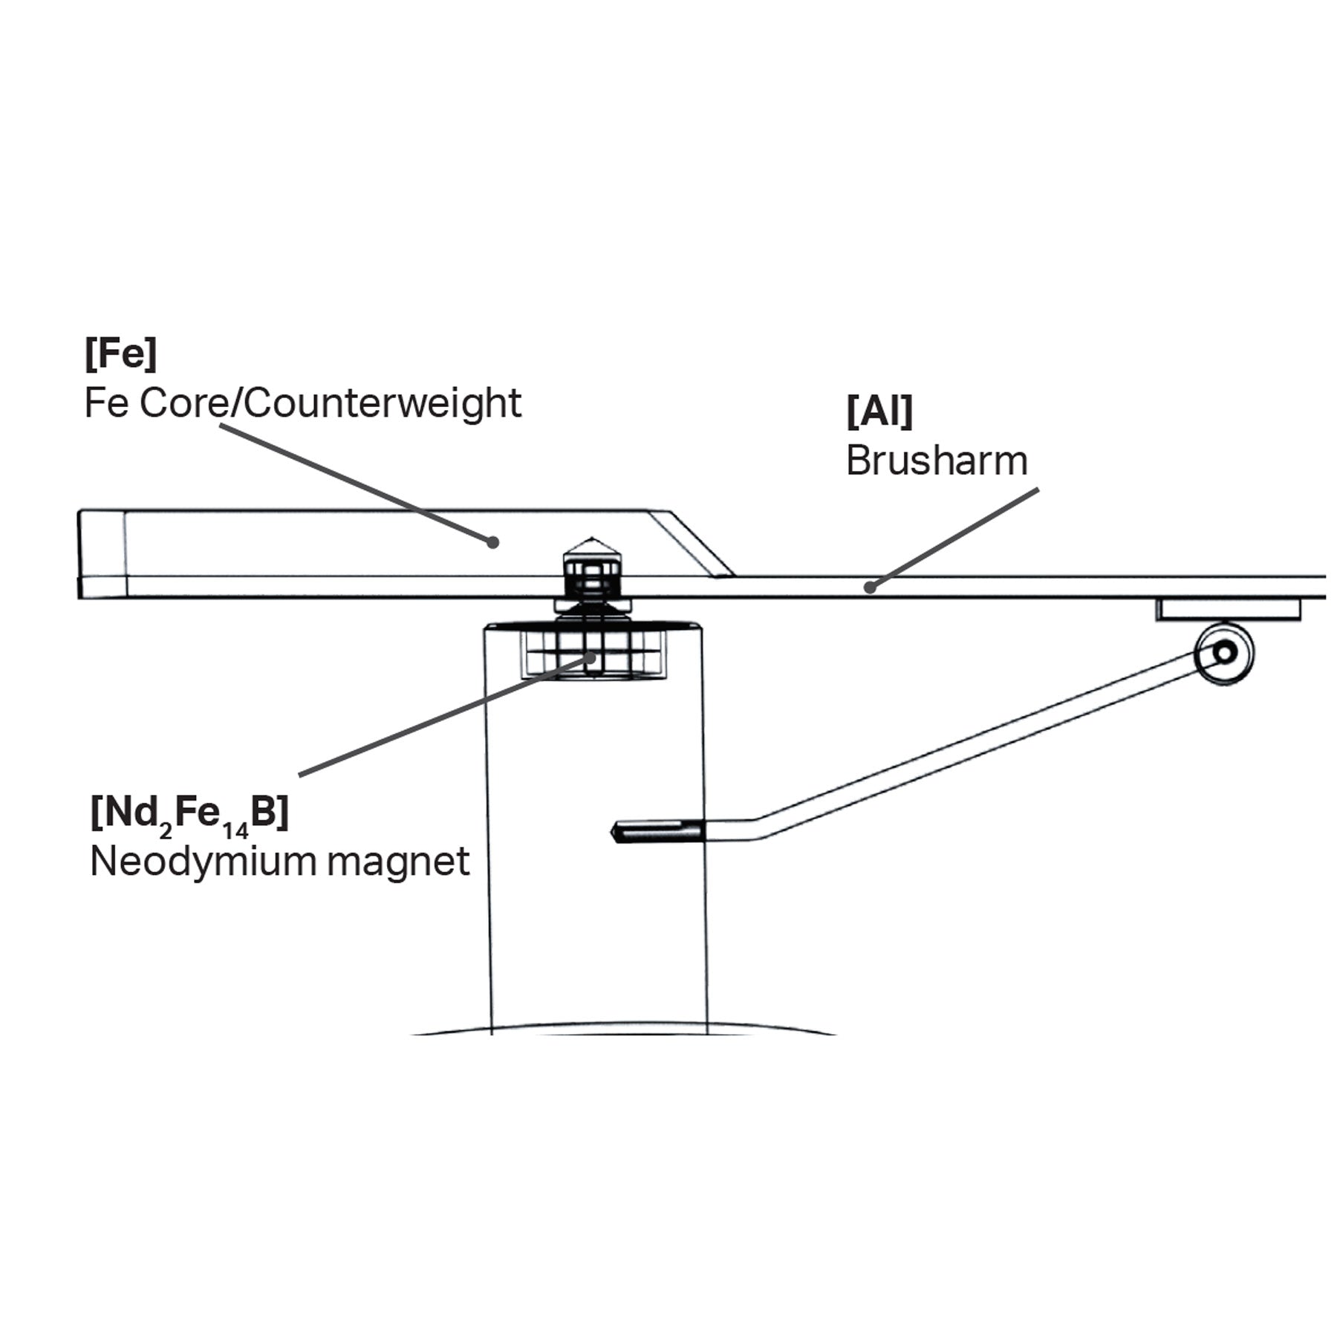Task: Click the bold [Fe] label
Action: [x=120, y=354]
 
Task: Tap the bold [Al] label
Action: [x=879, y=411]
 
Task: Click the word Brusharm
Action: [x=936, y=461]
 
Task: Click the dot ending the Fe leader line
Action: [x=492, y=542]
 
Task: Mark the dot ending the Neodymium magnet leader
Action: [x=591, y=657]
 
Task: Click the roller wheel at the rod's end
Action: [x=1224, y=653]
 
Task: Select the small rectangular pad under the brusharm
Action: [x=1227, y=610]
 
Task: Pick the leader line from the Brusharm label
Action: [x=954, y=538]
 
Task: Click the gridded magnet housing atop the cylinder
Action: [x=592, y=654]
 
